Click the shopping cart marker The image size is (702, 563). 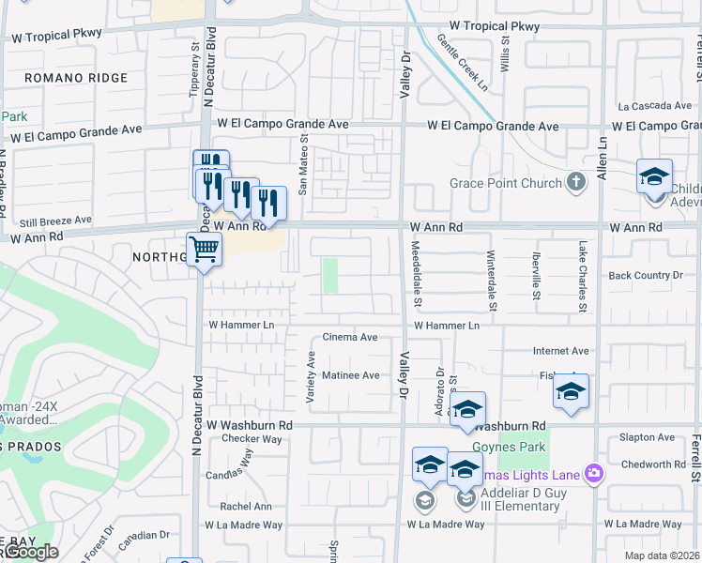point(205,251)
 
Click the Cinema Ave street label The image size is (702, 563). point(350,337)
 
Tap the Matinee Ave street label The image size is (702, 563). point(351,375)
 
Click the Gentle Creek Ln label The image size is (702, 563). point(463,61)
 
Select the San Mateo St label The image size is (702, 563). point(303,163)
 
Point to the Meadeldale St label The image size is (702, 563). point(417,275)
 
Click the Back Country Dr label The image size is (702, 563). point(646,275)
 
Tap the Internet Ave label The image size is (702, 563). point(560,351)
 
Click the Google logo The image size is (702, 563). point(30,553)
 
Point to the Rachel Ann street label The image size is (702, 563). point(246,507)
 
